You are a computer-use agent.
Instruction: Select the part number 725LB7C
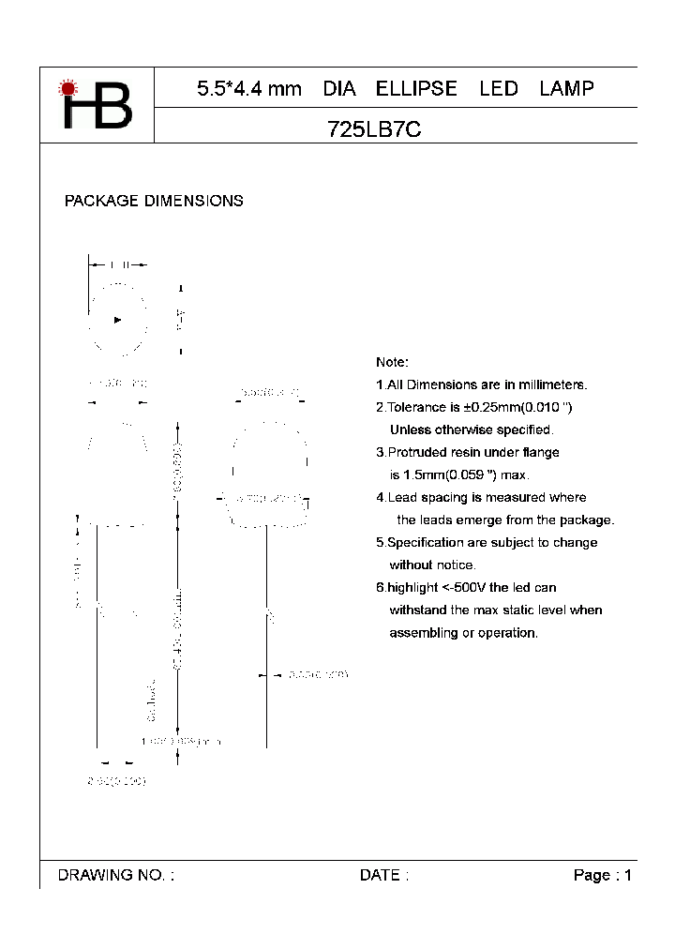pos(374,131)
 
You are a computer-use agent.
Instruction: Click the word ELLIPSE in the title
pos(416,89)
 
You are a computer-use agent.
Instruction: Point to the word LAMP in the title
pos(566,89)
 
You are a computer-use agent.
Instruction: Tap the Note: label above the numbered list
pos(392,362)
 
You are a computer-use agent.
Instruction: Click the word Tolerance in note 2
pos(417,407)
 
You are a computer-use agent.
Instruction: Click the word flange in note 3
pos(541,452)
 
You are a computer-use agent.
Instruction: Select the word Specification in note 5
pos(428,542)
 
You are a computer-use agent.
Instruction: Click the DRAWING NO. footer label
pos(115,875)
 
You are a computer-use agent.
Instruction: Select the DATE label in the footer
pos(383,875)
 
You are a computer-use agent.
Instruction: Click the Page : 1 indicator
pos(602,875)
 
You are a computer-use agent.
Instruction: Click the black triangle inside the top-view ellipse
pos(117,320)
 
